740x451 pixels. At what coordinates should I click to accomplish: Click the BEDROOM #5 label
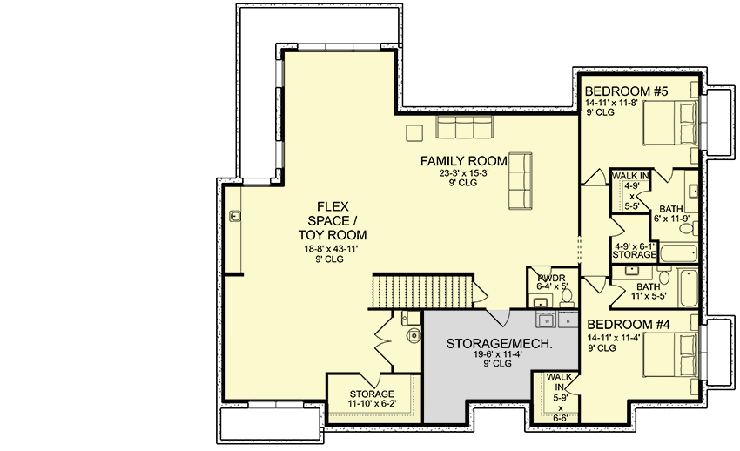(625, 91)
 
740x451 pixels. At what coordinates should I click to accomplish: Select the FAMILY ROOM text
(463, 161)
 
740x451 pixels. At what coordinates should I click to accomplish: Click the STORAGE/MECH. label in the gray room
(499, 344)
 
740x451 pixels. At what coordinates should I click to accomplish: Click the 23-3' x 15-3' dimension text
(463, 173)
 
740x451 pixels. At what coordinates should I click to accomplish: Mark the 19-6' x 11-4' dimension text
(499, 355)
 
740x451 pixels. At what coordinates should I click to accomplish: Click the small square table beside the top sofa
(415, 132)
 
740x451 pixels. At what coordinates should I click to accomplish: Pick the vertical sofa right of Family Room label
(520, 180)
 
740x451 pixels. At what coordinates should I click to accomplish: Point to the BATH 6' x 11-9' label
(670, 213)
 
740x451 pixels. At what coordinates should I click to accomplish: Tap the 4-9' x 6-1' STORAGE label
(635, 250)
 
